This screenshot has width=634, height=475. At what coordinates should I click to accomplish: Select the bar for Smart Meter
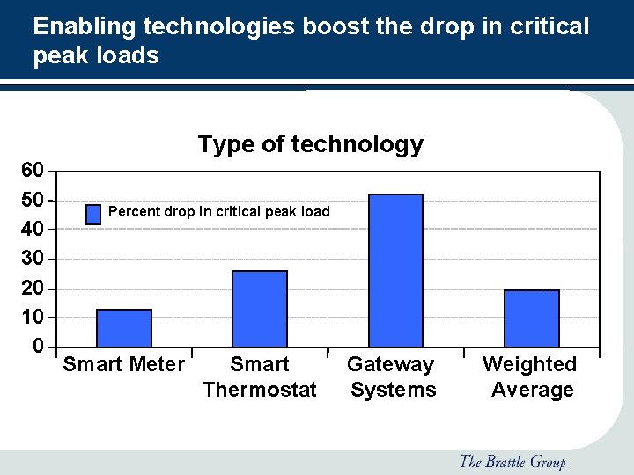pos(124,328)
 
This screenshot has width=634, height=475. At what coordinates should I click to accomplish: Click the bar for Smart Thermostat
pos(260,309)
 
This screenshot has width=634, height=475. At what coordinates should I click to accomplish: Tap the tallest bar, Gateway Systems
pos(395,270)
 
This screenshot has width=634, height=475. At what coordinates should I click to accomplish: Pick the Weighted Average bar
pos(532,318)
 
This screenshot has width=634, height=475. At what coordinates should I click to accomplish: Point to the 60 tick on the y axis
pos(33,169)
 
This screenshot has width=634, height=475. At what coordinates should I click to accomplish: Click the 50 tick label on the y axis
pos(33,200)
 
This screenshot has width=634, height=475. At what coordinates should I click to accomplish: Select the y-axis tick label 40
pos(33,230)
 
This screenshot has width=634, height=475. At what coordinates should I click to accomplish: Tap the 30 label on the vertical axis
pos(33,259)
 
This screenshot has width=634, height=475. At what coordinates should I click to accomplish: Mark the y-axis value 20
pos(33,289)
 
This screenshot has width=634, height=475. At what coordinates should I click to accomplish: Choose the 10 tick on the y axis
pos(33,318)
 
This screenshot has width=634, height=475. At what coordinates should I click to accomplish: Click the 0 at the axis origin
pos(38,347)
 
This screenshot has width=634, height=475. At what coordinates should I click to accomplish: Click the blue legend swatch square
pos(93,214)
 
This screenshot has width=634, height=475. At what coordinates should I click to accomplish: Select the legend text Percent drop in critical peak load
pos(218,212)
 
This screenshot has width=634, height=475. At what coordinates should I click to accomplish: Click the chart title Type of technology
pos(310,144)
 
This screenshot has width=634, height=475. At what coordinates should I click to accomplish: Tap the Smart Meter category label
pos(124,364)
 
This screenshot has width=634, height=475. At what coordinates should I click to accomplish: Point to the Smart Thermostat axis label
pos(260,376)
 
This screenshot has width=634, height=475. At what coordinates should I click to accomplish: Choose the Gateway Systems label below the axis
pos(392,376)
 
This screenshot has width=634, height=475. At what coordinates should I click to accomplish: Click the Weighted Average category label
pos(531,376)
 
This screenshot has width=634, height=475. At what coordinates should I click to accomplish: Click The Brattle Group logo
pos(512,462)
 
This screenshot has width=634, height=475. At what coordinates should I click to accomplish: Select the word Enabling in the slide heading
pos(85,26)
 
